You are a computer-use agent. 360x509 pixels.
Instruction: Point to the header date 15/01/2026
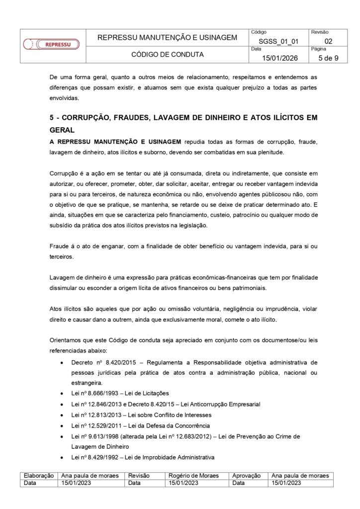279,59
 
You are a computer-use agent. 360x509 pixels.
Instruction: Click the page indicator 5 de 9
328,59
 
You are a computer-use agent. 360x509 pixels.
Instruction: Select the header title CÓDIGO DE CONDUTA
167,55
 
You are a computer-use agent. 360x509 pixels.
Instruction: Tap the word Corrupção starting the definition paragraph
64,173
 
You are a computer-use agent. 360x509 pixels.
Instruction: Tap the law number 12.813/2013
108,415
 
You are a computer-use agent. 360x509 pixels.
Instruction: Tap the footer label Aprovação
248,476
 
